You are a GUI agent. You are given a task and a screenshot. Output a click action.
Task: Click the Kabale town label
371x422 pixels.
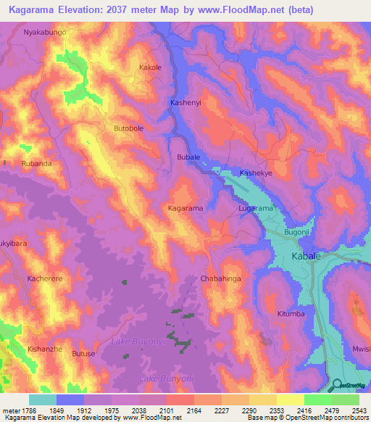click(307, 257)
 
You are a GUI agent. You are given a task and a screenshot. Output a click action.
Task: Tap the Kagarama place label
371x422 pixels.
click(185, 208)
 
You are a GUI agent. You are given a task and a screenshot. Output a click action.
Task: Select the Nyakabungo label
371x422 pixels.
click(45, 33)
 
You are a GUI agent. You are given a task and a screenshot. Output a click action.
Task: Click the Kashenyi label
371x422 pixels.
click(185, 103)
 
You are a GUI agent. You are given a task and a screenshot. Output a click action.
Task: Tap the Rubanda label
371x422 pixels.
click(37, 164)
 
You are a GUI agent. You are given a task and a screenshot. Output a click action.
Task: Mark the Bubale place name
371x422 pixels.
click(188, 157)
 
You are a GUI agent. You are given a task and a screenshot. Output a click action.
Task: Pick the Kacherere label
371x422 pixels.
click(46, 278)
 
